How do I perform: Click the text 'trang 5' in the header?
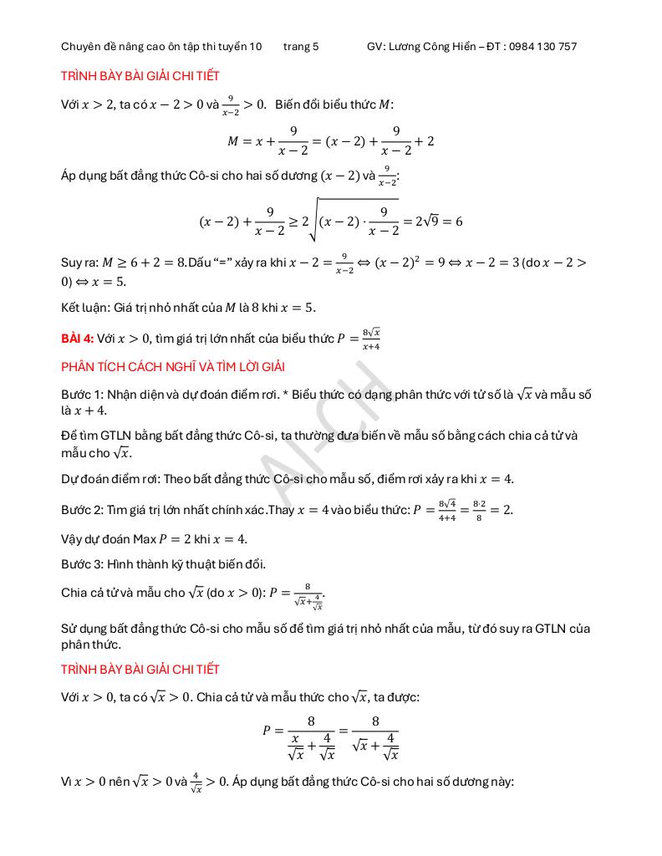(301, 47)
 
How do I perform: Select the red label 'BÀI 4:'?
(77, 339)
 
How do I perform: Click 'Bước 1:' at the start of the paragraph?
(81, 395)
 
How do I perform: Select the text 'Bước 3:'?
(81, 564)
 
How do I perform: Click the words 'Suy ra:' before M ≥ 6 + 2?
(80, 262)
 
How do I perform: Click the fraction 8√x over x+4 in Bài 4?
(371, 339)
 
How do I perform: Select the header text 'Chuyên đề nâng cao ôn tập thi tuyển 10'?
(161, 47)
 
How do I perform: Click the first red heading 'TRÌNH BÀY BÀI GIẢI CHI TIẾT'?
(140, 76)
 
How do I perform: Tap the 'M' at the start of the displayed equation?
(233, 141)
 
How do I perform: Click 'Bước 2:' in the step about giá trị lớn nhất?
(81, 510)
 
